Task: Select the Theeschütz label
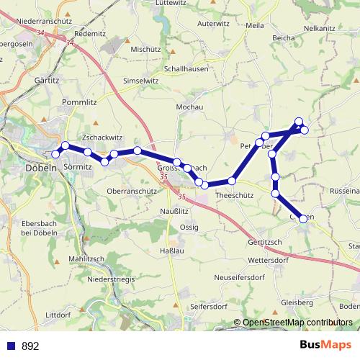tap(234, 194)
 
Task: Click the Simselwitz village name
tap(140, 81)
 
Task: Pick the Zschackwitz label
tap(103, 136)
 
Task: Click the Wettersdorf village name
tap(268, 258)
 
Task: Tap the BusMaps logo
tap(327, 345)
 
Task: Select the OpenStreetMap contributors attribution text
tap(297, 322)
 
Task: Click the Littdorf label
tap(60, 315)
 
